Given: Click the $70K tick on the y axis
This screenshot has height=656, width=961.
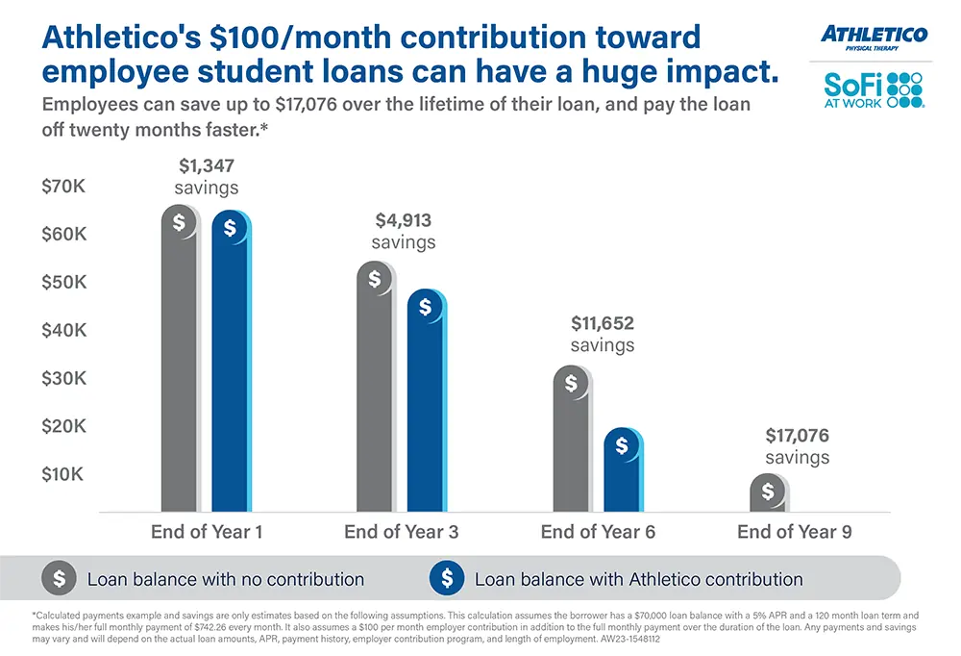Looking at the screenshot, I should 63,187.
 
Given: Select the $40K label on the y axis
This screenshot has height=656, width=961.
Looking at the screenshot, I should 63,330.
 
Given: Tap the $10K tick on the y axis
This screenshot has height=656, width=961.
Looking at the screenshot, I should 63,474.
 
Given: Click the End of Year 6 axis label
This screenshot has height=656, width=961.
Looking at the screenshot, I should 598,532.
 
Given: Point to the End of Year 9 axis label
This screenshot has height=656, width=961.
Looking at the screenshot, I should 794,532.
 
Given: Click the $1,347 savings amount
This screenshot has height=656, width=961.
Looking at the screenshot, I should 207,166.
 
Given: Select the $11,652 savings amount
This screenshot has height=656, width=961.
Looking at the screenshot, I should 603,323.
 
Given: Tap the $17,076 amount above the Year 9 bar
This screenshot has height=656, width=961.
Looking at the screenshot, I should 798,436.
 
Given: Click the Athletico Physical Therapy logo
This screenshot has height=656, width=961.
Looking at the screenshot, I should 874,38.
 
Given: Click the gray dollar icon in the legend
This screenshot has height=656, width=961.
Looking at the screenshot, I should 59,579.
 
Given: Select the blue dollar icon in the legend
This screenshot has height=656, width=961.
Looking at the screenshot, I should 446,579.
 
